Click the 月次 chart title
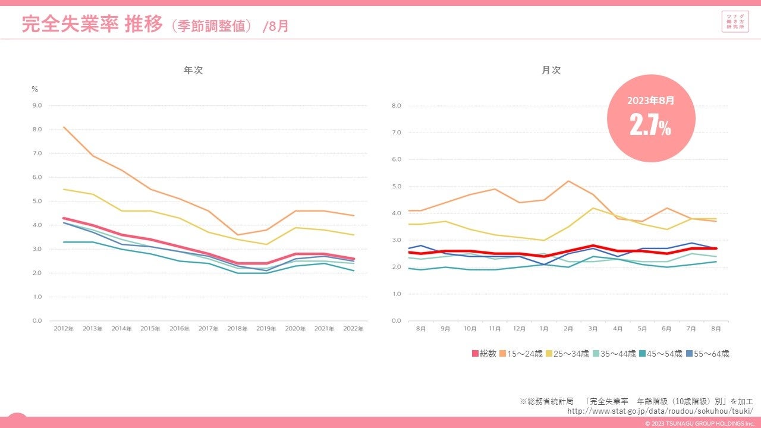(551, 70)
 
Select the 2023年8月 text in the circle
(650, 101)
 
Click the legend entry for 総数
(484, 354)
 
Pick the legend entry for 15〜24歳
(521, 354)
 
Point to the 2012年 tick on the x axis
(64, 328)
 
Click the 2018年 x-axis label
(238, 328)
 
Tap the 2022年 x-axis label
(354, 328)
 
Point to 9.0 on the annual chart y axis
(37, 106)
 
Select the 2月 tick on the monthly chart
(568, 328)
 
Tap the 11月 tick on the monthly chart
(495, 328)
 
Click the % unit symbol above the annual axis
(34, 90)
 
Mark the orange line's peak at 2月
(568, 181)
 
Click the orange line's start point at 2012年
(64, 127)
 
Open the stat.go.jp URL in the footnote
(660, 411)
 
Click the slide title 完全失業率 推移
(92, 24)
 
